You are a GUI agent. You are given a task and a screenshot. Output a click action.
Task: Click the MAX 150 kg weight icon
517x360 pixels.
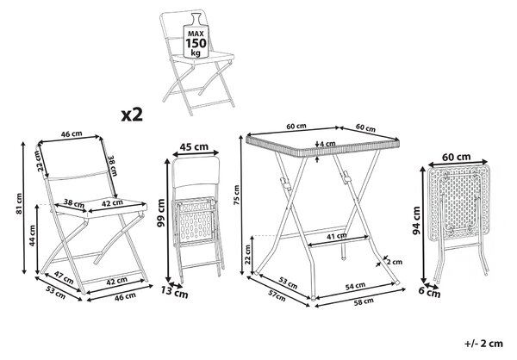coord(196,36)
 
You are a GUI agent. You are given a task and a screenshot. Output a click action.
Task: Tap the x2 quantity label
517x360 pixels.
coord(132,115)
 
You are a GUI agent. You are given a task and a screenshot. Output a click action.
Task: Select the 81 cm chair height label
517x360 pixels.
coord(20,204)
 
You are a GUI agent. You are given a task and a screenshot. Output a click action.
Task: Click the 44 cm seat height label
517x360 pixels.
coord(32,235)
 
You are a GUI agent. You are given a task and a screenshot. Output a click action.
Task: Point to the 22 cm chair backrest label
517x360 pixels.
coord(40,160)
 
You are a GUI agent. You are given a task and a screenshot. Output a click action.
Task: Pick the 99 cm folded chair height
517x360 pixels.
coord(161,213)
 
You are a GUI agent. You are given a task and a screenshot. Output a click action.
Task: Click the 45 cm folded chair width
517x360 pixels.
coord(196,146)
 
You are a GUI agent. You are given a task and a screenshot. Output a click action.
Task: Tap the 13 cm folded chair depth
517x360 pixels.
coord(174,292)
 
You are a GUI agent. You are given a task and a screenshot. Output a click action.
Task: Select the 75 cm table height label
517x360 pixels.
coord(236,195)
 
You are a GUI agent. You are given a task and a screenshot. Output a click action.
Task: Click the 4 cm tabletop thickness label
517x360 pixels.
coord(327,144)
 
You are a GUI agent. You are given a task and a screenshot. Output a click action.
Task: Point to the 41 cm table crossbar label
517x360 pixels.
coord(337,236)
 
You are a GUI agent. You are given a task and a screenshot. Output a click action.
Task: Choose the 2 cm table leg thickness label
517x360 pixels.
coord(395,262)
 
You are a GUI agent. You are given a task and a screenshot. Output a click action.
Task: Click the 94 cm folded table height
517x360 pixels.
coord(417,220)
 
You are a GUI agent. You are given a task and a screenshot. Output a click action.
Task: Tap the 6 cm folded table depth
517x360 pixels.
coord(429,293)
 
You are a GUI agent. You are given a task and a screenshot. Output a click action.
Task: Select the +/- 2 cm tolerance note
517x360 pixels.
coord(484,344)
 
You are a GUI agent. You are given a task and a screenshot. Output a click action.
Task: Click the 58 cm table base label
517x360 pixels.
coord(364,301)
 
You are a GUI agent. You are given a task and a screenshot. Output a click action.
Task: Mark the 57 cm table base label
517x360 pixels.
coord(276,295)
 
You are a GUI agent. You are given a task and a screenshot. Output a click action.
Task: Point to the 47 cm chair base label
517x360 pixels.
coord(64,277)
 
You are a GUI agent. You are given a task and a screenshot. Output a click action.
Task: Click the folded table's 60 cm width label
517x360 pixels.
coord(456,157)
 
